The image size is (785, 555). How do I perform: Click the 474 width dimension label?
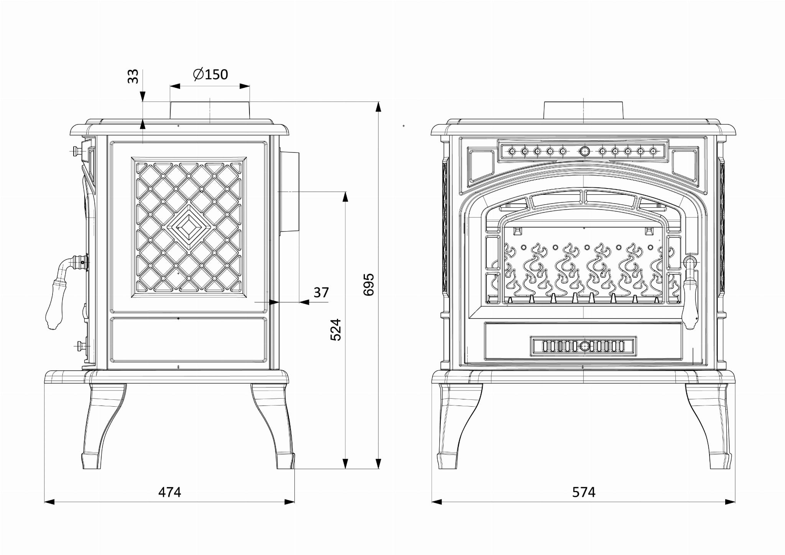pos(170,492)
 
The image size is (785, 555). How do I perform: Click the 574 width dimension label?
pos(584,492)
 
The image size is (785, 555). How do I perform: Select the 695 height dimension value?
pos(369,284)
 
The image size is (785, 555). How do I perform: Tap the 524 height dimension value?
pos(336,330)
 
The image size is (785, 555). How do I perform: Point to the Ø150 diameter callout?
pos(210,74)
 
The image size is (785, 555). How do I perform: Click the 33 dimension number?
pos(133,76)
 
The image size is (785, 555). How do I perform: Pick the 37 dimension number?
pos(321,292)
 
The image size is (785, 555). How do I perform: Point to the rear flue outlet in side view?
pos(289,192)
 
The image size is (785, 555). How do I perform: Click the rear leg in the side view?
pos(273,426)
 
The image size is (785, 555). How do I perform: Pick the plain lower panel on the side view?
pos(189,340)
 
